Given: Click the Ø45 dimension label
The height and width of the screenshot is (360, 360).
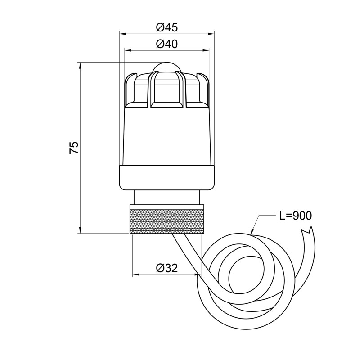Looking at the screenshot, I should pyautogui.click(x=167, y=27).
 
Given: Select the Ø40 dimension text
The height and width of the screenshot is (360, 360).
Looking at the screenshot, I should pyautogui.click(x=167, y=44).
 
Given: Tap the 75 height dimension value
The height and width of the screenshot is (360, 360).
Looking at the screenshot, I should pyautogui.click(x=74, y=148).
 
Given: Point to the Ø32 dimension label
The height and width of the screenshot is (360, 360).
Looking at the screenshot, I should pyautogui.click(x=167, y=268).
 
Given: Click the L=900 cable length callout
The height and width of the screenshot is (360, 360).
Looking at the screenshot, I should pyautogui.click(x=295, y=216).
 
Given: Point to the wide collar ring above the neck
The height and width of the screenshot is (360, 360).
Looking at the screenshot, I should pyautogui.click(x=167, y=177).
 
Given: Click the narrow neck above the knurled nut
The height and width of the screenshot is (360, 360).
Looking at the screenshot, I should pyautogui.click(x=167, y=197).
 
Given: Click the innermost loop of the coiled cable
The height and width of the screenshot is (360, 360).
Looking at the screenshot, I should pyautogui.click(x=246, y=274).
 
